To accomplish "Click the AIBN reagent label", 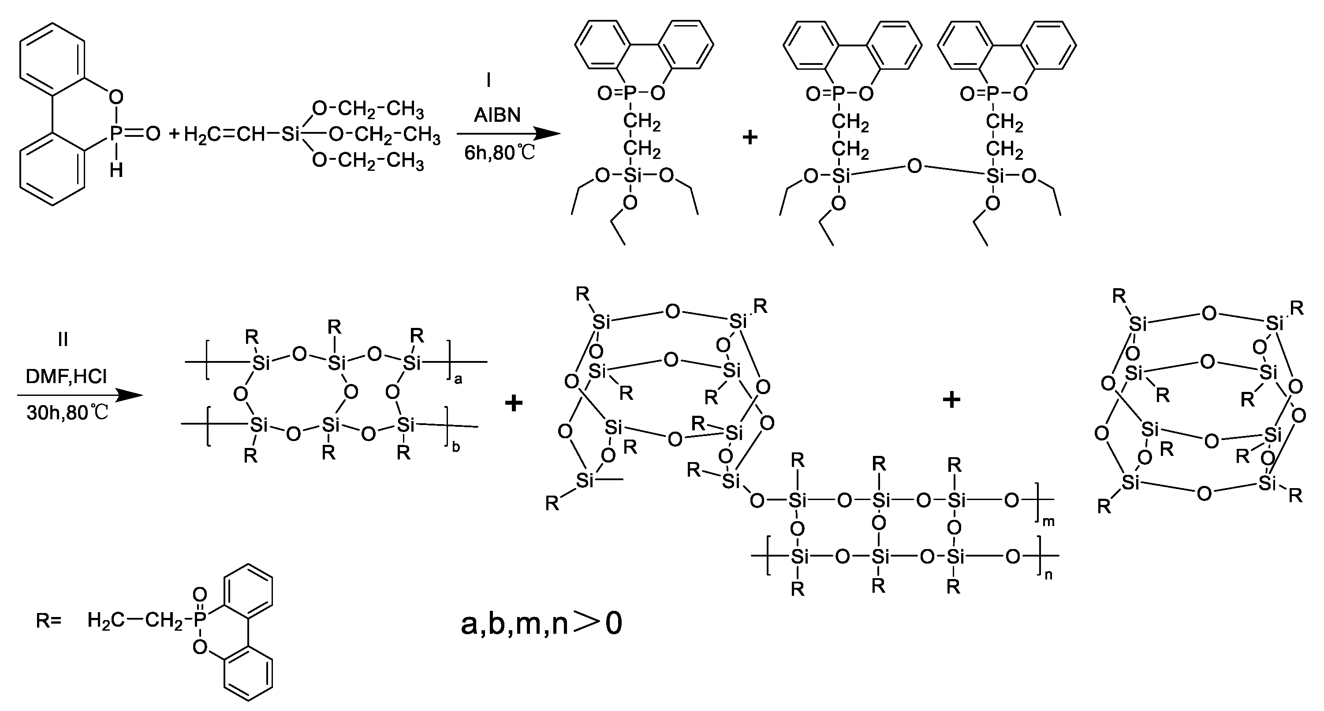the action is [497, 115].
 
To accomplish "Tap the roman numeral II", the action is [63, 339].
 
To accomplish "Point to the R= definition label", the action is [48, 621].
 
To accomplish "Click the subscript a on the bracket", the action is [459, 380].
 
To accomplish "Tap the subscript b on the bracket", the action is [456, 447].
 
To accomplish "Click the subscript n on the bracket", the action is [1048, 575].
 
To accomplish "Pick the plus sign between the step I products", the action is [750, 137].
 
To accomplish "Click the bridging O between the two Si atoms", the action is [914, 167].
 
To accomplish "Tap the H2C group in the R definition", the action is [105, 621].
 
